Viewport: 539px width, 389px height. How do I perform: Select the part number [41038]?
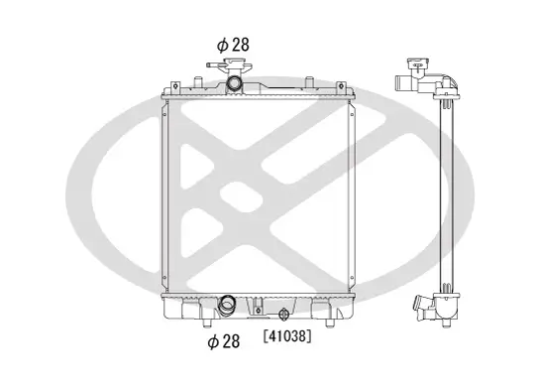(x=286, y=336)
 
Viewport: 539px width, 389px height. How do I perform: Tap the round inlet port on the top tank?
(x=234, y=85)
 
